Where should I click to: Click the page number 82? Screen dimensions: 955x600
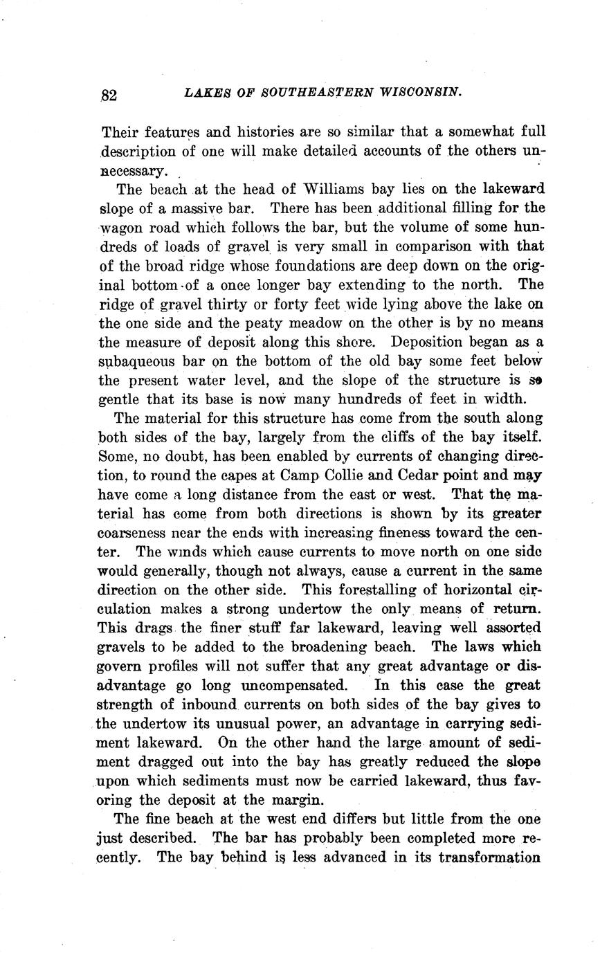(x=109, y=95)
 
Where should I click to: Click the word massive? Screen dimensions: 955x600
(x=185, y=208)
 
